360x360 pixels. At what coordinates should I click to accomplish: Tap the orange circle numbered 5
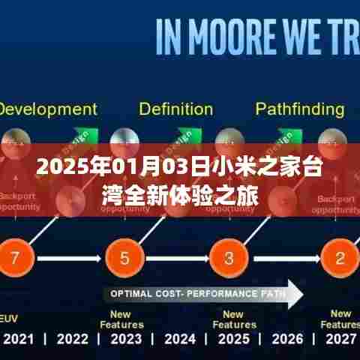122,259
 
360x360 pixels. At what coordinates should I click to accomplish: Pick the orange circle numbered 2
339,259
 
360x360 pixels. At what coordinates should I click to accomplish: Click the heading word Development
46,109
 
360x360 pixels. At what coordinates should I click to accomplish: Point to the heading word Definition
175,109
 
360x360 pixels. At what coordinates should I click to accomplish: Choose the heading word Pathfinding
300,109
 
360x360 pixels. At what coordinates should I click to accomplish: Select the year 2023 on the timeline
125,339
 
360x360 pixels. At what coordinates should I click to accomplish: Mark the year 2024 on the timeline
179,339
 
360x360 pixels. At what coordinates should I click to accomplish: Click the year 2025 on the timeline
233,339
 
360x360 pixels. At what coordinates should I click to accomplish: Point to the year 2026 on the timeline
287,339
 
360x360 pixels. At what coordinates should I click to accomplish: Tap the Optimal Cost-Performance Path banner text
193,293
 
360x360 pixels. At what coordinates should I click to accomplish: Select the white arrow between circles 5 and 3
174,259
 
